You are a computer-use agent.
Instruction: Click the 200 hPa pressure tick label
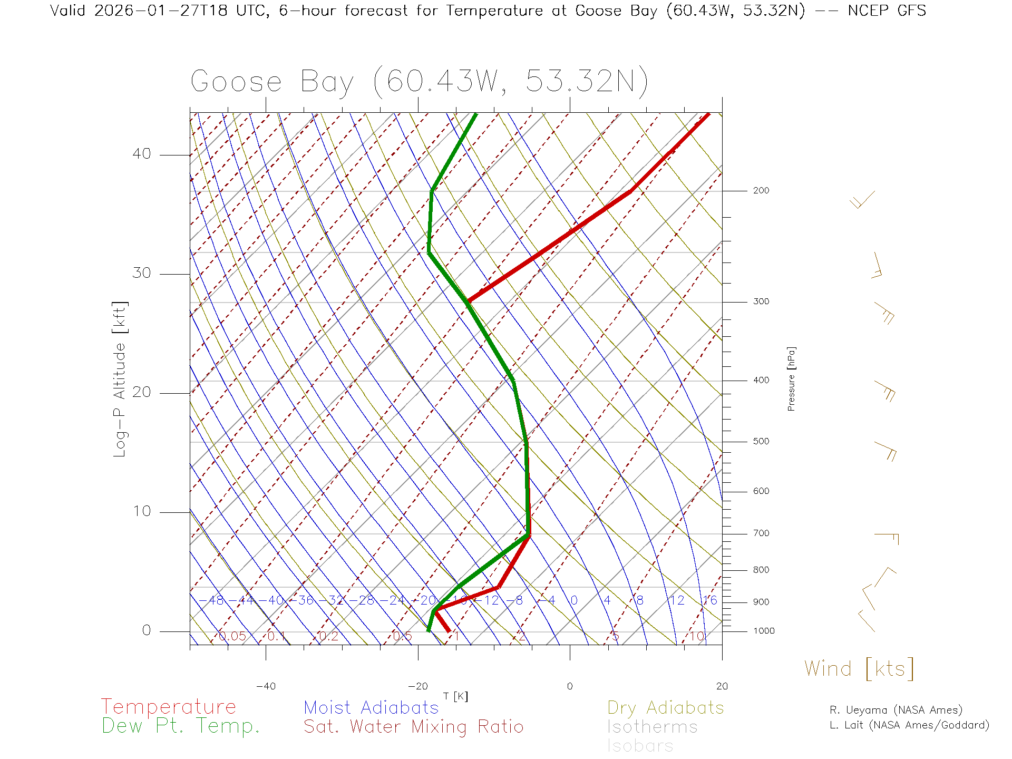coord(761,191)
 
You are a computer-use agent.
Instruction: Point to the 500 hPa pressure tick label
coord(761,442)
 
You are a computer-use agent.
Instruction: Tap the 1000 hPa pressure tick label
coord(764,631)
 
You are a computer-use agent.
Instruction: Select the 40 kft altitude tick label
coord(141,154)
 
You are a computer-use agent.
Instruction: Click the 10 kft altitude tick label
coord(141,511)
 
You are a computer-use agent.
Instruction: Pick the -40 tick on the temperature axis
coord(266,686)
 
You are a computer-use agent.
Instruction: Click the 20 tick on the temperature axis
coord(722,686)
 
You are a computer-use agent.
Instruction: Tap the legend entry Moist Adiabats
coord(371,708)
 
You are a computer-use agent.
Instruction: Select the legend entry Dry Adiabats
coord(665,708)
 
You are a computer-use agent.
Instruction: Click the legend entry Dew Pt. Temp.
coord(181,726)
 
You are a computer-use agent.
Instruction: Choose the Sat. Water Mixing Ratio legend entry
coord(413,727)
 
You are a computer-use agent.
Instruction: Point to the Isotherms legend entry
coord(652,727)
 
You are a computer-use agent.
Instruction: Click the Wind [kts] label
coord(859,669)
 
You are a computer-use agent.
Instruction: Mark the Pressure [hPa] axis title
coord(791,378)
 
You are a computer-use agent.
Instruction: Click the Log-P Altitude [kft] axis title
coord(120,379)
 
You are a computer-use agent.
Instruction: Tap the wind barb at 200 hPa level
coord(862,199)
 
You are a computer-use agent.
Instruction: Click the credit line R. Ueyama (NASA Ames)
coord(896,710)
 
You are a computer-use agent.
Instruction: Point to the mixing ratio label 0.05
coord(232,636)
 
